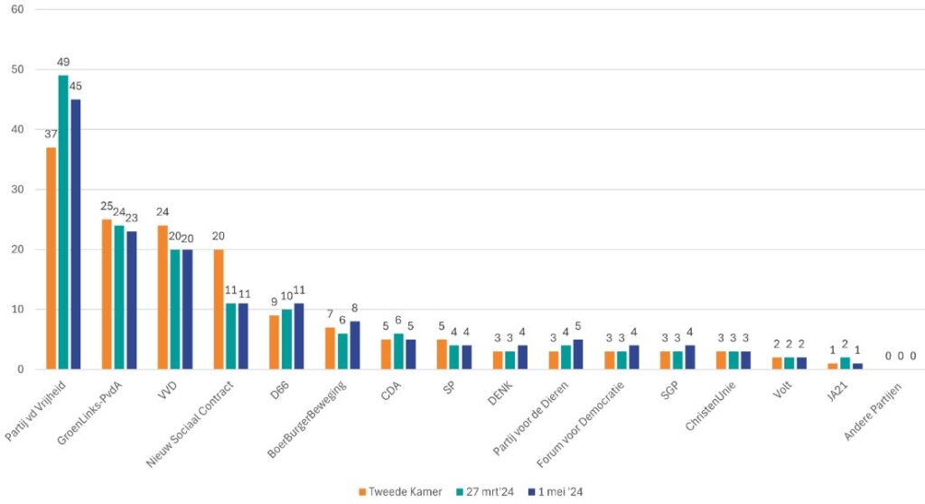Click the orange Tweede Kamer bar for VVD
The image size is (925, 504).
click(163, 297)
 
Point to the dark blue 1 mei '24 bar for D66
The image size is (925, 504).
click(299, 336)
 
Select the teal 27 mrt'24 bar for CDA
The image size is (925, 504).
click(398, 351)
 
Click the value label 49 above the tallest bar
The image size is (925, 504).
click(63, 62)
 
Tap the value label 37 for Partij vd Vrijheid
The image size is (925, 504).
click(51, 135)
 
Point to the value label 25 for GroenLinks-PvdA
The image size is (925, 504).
click(107, 207)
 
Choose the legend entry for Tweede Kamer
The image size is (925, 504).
click(397, 491)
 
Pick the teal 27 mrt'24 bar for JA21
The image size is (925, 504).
click(846, 363)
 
